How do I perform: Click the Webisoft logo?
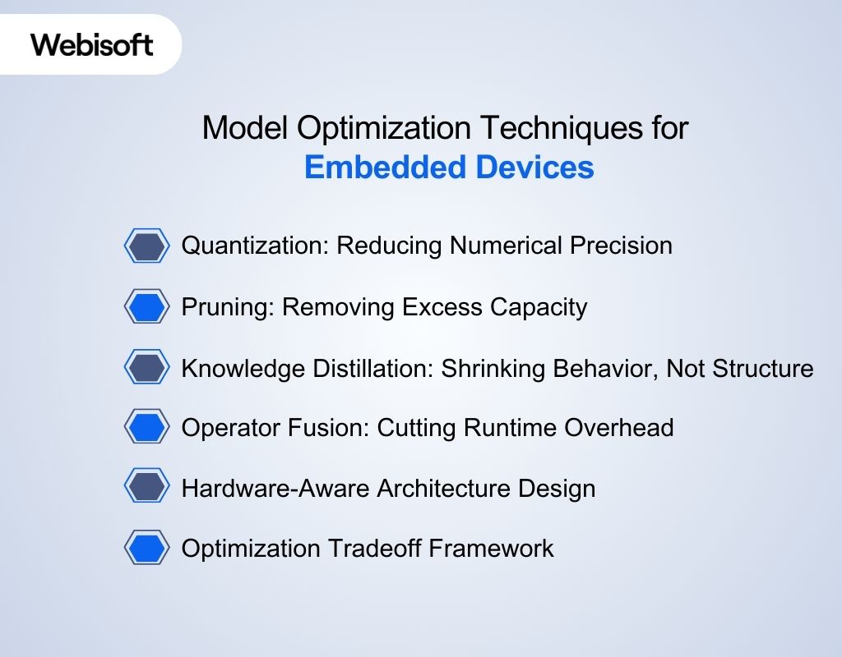coord(92,44)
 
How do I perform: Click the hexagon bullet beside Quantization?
coord(148,246)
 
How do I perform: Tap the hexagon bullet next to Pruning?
coord(148,306)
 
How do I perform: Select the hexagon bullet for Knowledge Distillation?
coord(148,367)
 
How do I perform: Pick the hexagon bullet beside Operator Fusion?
coord(148,427)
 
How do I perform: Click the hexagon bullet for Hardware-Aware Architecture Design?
coord(148,488)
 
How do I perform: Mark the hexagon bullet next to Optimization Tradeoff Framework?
coord(148,548)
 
